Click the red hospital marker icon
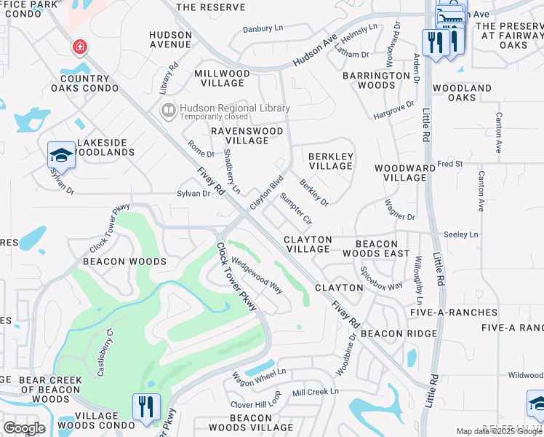tap(79, 48)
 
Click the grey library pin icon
tap(169, 111)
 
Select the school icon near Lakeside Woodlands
tap(61, 154)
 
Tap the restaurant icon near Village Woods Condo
tap(146, 406)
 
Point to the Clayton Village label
tap(308, 244)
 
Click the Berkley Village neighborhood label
tap(331, 161)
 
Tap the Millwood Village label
tap(222, 79)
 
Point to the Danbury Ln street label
tap(263, 28)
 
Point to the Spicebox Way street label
tap(382, 277)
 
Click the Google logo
tap(24, 428)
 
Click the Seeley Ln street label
tap(461, 235)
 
